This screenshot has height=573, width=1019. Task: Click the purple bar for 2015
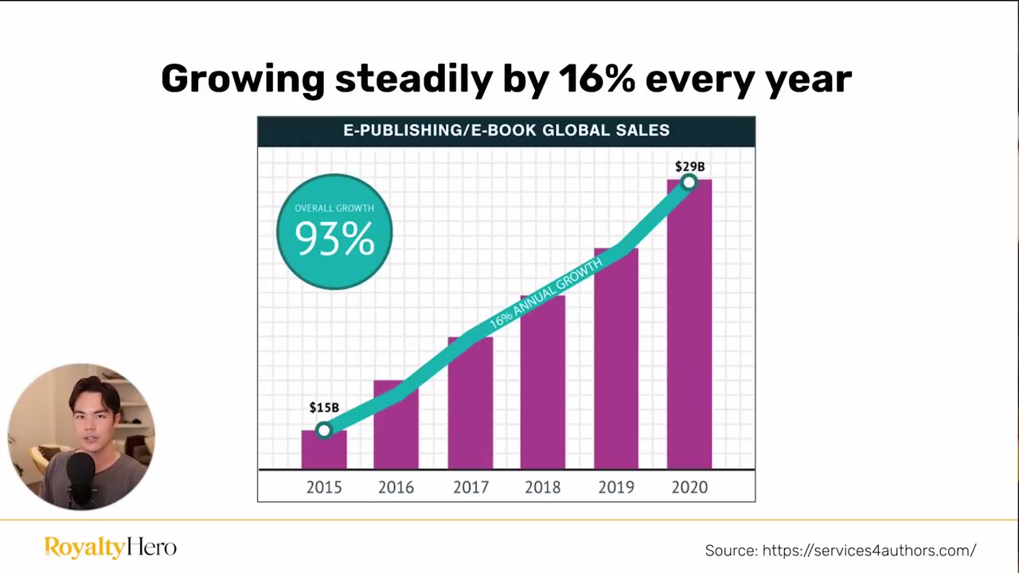[324, 452]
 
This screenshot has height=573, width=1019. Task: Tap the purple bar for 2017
[470, 406]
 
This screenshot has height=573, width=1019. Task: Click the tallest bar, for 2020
[689, 334]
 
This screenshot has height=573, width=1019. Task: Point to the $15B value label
[324, 407]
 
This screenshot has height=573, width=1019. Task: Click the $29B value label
[689, 166]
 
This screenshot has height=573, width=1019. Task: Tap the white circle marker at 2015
[323, 431]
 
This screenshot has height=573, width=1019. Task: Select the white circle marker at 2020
[689, 183]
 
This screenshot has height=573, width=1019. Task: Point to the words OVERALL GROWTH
[334, 209]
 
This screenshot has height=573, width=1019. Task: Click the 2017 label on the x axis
[470, 487]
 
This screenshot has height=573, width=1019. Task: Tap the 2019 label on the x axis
[616, 487]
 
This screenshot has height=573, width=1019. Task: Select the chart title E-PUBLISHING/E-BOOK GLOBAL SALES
[506, 131]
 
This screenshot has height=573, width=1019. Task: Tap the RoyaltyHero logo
[110, 548]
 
